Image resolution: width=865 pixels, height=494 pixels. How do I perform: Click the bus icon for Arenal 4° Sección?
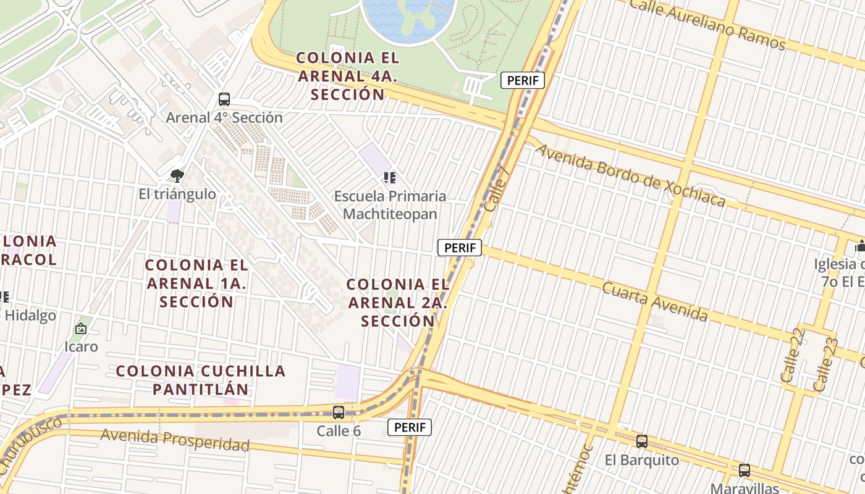tap(224, 99)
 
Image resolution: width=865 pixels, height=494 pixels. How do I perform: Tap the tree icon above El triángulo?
tap(177, 176)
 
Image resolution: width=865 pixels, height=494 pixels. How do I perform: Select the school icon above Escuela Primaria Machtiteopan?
tap(389, 178)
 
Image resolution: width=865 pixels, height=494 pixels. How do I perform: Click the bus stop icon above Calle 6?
tap(339, 412)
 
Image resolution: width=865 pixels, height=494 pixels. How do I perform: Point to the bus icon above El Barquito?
tap(642, 442)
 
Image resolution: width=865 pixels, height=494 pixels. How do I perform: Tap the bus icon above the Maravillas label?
tap(744, 471)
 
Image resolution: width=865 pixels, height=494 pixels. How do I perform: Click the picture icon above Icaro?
tap(81, 329)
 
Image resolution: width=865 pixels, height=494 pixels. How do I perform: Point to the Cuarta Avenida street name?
tap(655, 302)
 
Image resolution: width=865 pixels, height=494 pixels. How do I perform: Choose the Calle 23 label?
tap(826, 364)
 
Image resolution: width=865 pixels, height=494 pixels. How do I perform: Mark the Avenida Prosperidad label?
tap(175, 440)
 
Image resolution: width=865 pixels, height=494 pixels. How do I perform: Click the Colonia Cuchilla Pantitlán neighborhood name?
tap(201, 380)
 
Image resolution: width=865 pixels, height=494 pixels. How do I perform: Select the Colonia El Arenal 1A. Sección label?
tap(196, 283)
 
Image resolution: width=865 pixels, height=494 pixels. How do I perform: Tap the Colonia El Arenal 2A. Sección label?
tap(398, 303)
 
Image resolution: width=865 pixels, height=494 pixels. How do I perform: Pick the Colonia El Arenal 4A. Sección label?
tap(348, 76)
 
